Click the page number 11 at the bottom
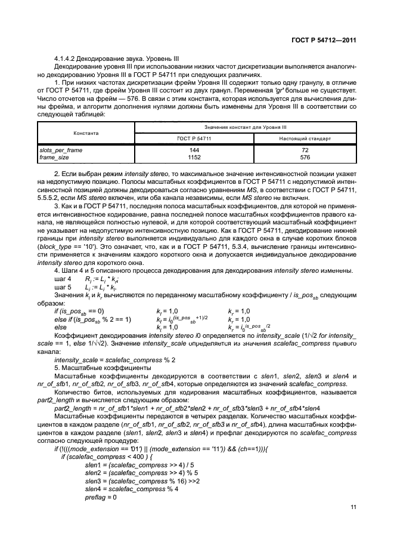tap(353, 507)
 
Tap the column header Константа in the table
tap(86, 133)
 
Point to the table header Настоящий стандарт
tap(305, 138)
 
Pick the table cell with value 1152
tap(194, 156)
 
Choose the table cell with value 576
tap(305, 156)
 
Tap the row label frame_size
tap(54, 156)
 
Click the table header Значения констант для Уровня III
tap(246, 127)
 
